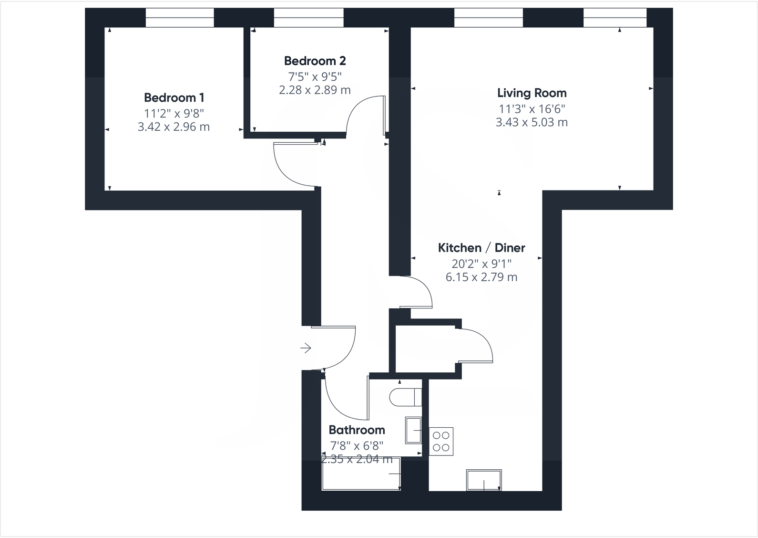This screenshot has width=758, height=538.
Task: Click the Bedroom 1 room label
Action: (x=174, y=98)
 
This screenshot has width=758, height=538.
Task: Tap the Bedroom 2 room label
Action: (x=315, y=61)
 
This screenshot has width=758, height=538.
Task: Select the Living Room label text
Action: (x=532, y=93)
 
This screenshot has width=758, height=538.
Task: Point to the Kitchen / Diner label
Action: (x=481, y=248)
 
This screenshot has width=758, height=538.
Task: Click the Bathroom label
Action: (x=357, y=430)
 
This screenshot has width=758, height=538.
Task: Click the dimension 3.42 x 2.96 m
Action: (x=174, y=127)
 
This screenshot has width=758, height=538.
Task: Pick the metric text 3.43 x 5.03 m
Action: (x=532, y=122)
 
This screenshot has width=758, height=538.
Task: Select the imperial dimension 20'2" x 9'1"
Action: (x=481, y=264)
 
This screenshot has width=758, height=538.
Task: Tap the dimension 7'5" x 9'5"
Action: (x=315, y=76)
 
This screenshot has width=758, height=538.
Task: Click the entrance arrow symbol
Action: (x=306, y=348)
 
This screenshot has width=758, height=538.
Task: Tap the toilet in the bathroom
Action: (x=405, y=397)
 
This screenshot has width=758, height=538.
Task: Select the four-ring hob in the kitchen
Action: (x=441, y=442)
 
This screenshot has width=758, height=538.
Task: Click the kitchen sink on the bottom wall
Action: (x=484, y=480)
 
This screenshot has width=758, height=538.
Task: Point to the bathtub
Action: (x=361, y=474)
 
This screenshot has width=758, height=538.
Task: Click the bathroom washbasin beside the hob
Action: (x=413, y=430)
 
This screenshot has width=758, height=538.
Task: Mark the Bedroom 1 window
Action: (x=180, y=18)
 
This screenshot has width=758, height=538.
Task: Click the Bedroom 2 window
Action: (x=308, y=18)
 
